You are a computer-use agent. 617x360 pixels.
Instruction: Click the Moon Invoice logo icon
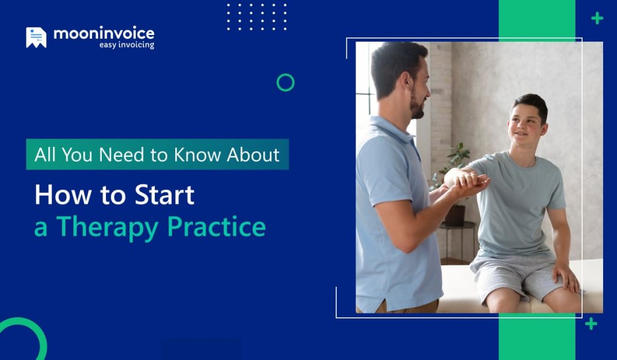(x=36, y=37)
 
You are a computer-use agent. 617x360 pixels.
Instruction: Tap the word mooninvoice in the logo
(x=104, y=34)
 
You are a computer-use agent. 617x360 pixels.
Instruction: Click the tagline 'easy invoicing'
(x=127, y=45)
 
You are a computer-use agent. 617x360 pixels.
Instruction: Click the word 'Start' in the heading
(x=164, y=195)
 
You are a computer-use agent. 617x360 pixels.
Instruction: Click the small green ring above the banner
(x=286, y=83)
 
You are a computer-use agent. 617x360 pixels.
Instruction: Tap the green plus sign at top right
(x=597, y=19)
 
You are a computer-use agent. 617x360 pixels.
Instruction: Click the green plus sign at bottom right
(x=591, y=324)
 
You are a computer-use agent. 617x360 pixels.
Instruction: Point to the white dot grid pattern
(x=257, y=16)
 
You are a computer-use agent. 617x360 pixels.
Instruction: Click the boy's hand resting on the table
(x=566, y=278)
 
